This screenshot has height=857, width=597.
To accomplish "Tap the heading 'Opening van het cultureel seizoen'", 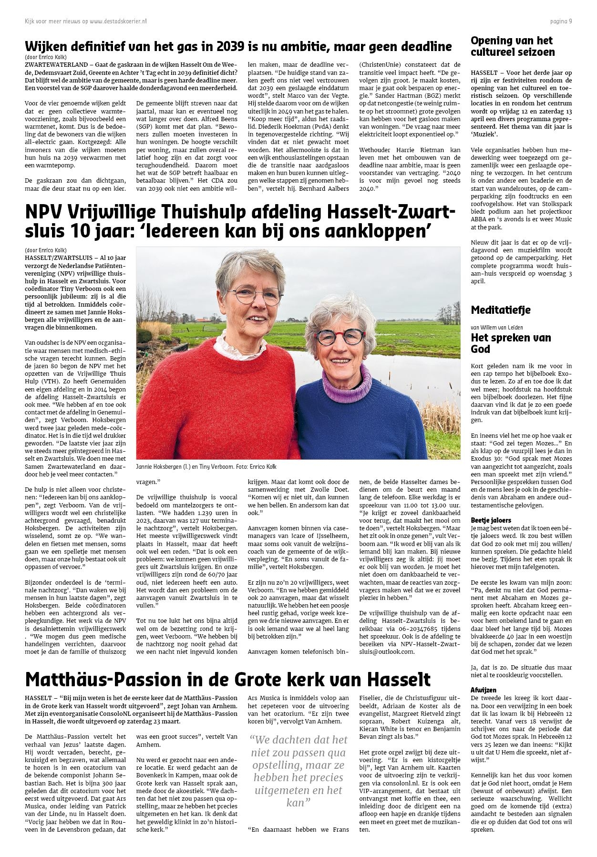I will (x=513, y=46).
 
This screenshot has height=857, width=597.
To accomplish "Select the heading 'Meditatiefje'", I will (x=501, y=310).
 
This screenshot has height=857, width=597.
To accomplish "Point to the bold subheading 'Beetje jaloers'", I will (x=491, y=520).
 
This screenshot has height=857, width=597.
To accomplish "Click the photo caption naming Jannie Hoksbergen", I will (x=206, y=466).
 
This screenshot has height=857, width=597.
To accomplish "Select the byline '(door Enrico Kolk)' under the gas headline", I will (x=46, y=57).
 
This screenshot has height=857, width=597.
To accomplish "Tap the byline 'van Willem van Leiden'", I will (x=496, y=327).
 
